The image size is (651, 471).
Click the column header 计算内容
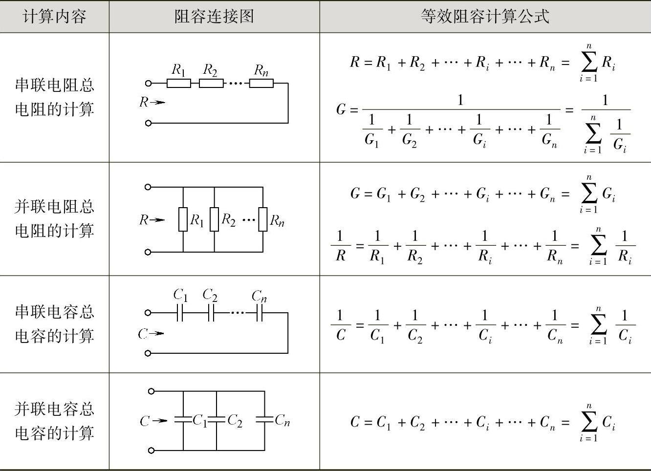point(54,17)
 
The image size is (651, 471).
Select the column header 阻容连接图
point(214,17)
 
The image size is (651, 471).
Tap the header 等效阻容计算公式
point(485,17)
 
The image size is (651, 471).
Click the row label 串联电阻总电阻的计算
point(54,97)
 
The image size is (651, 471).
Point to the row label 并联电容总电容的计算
point(54,421)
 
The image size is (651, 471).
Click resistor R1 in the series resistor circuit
point(178,84)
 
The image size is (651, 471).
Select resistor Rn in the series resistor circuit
point(261,84)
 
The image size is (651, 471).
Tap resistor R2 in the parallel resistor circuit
point(214,219)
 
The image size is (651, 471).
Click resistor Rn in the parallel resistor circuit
point(263,219)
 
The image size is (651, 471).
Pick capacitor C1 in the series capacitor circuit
point(179,313)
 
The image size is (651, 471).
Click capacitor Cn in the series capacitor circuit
point(260,313)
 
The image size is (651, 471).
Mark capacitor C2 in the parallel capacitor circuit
point(216,420)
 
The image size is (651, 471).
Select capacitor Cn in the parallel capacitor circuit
point(264,420)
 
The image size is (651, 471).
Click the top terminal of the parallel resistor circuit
point(148,187)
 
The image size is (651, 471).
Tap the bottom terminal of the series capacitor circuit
point(148,353)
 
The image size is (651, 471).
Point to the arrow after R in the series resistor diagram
point(157,103)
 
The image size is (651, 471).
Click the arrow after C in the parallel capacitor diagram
point(160,421)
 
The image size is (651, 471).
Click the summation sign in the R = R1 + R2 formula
point(588,63)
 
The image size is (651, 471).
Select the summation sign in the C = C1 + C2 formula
point(588,422)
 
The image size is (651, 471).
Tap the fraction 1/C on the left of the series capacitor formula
point(340,325)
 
